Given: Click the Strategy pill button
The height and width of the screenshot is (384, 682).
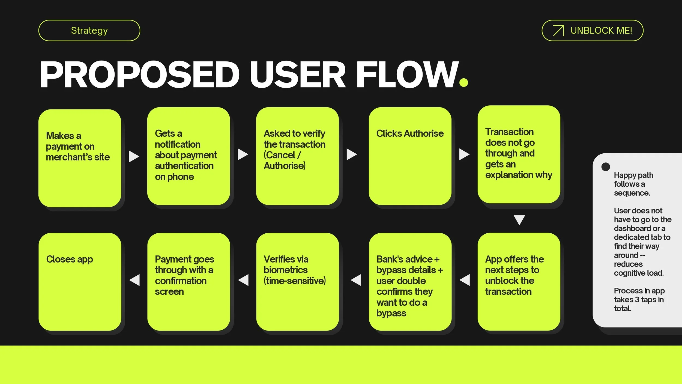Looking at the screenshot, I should (x=89, y=31).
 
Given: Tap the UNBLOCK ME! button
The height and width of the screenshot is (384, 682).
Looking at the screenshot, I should (x=592, y=31).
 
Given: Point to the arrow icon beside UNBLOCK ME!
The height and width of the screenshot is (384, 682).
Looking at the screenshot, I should (x=558, y=31).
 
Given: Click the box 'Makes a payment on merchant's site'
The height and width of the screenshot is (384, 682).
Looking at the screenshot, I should (x=80, y=158).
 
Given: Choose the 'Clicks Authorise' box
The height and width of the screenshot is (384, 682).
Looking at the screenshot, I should (x=410, y=156).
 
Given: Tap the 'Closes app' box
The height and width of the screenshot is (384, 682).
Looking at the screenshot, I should (x=80, y=282).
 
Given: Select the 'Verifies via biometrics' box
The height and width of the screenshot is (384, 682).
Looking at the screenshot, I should (x=297, y=282).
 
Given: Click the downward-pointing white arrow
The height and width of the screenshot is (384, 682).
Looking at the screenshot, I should (x=519, y=219).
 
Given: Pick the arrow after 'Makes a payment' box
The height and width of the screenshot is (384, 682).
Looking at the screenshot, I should (x=133, y=156).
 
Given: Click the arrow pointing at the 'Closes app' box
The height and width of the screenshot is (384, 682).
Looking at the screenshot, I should (x=135, y=280).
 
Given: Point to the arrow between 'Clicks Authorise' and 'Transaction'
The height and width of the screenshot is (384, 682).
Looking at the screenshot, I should (x=464, y=154).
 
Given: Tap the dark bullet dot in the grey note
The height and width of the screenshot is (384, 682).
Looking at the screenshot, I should (x=605, y=167).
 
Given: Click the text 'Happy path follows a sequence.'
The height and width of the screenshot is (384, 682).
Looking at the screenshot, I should (x=633, y=184).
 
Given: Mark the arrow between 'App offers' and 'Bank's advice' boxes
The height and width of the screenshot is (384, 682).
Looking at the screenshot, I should (x=465, y=280).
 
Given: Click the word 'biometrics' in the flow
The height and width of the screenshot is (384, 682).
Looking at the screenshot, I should (x=285, y=270).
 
